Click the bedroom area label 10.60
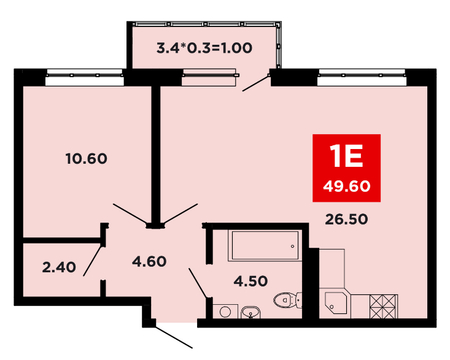point(87,158)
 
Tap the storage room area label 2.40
point(59,267)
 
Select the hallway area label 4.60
point(149,261)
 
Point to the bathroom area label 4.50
point(251,281)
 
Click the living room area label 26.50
point(346,220)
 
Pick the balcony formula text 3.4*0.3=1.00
point(204,48)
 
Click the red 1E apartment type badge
point(346,168)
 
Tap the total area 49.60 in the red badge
point(347,186)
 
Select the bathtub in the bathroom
point(265,245)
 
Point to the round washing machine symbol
point(225,312)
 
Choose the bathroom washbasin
point(251,312)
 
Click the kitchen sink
point(336,303)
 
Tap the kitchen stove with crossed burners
point(384,307)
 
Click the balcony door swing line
point(256,83)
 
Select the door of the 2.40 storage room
point(93,261)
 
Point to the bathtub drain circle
point(292,246)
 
